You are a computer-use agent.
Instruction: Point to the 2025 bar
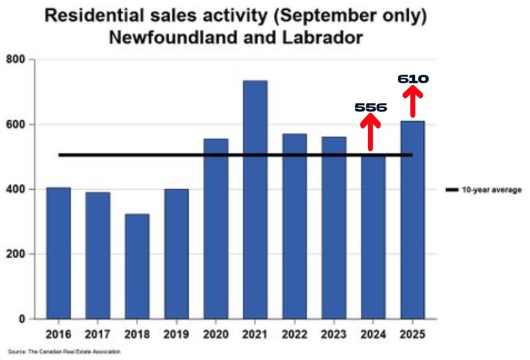(x=412, y=220)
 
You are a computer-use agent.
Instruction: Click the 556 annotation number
(x=371, y=108)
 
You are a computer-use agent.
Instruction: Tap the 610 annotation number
(x=413, y=79)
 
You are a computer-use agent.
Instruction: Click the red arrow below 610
(x=413, y=102)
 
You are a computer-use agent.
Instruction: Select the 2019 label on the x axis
(x=176, y=335)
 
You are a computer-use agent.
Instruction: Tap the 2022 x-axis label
(x=294, y=335)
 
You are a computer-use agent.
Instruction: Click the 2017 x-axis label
(x=98, y=335)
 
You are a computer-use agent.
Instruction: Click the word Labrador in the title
(x=319, y=37)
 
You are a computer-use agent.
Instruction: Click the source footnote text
(x=64, y=351)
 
